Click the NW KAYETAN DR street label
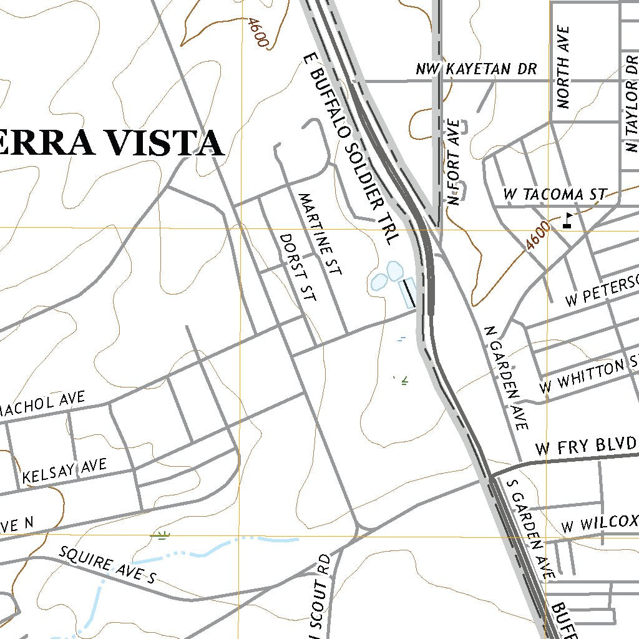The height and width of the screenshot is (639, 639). pyautogui.click(x=476, y=69)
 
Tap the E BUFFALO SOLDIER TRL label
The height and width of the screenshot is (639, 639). pyautogui.click(x=350, y=149)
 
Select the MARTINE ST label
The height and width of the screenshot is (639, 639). pyautogui.click(x=320, y=235)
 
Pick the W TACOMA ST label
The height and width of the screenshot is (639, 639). pyautogui.click(x=554, y=194)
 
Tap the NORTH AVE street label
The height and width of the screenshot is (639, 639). pyautogui.click(x=564, y=67)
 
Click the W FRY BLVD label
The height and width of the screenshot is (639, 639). pyautogui.click(x=585, y=446)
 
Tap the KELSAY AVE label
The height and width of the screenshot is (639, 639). pyautogui.click(x=64, y=471)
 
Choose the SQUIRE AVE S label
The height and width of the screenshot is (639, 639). pyautogui.click(x=107, y=565)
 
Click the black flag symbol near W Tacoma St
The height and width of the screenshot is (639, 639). pyautogui.click(x=567, y=220)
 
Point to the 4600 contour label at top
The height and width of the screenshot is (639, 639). pyautogui.click(x=257, y=32)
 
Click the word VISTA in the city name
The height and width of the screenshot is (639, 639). pyautogui.click(x=165, y=144)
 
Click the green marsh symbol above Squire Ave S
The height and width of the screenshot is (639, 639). pyautogui.click(x=162, y=534)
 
